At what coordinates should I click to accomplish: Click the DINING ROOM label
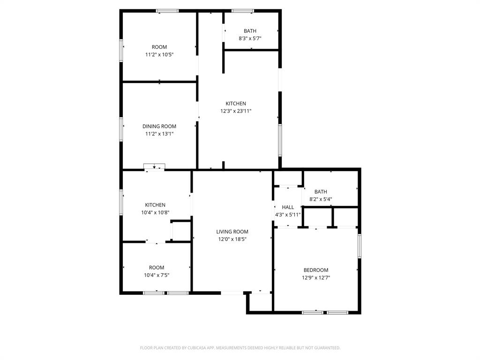(x=159, y=126)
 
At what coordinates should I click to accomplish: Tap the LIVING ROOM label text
(x=232, y=232)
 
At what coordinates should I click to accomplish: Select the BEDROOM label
(x=315, y=270)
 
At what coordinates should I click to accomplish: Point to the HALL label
(x=288, y=207)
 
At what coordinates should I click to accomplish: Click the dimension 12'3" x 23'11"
(x=236, y=111)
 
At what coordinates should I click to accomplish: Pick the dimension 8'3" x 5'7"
(x=250, y=38)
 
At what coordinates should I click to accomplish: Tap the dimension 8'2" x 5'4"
(x=321, y=199)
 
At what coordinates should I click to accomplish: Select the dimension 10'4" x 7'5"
(x=157, y=275)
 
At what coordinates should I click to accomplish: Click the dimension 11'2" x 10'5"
(x=159, y=54)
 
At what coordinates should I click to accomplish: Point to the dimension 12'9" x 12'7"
(x=315, y=277)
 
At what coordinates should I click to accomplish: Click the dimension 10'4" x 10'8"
(x=155, y=212)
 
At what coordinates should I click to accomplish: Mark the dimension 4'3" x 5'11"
(x=287, y=215)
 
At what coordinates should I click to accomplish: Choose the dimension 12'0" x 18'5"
(x=232, y=239)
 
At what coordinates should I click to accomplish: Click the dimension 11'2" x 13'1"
(x=159, y=134)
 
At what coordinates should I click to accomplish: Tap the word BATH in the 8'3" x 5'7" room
(x=250, y=31)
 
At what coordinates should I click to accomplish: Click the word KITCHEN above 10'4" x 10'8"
(x=155, y=205)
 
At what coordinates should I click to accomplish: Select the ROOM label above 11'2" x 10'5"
(x=159, y=47)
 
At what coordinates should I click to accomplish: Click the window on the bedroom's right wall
(x=360, y=246)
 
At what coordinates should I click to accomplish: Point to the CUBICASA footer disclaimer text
(x=240, y=348)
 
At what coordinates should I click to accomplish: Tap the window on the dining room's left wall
(x=121, y=129)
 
